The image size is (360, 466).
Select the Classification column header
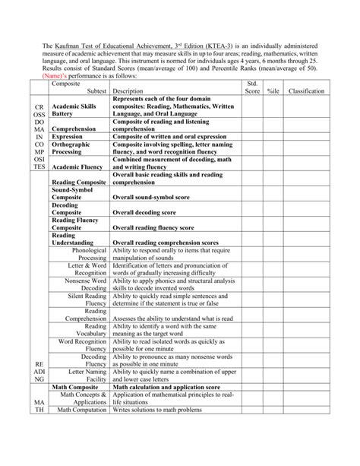pos(306,90)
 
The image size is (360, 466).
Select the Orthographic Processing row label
pos(71,147)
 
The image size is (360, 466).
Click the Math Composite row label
pos(81,387)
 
